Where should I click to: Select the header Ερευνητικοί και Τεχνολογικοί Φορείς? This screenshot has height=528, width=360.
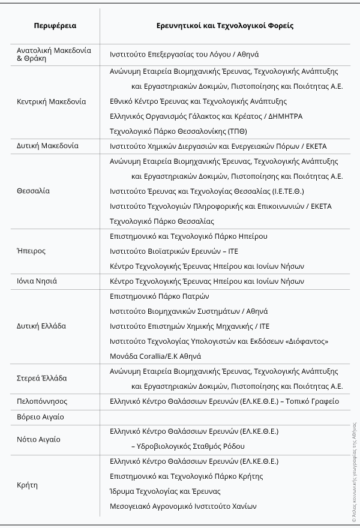224,26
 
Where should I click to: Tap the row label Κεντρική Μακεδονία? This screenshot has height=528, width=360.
52,101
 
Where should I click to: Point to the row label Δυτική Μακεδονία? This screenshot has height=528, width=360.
48,146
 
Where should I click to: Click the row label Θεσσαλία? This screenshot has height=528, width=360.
34,191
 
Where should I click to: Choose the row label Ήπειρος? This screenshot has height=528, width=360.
31,251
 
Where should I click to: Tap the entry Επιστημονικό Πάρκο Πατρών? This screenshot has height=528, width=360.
160,296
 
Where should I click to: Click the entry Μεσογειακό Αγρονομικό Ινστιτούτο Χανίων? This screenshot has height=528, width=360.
183,506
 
